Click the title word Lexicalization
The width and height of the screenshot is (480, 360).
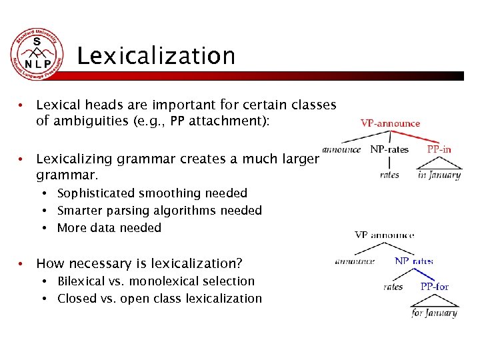point(156,56)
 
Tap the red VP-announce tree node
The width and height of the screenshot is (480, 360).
point(390,123)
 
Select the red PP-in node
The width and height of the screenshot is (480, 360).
point(439,149)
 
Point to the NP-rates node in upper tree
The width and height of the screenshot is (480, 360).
point(389,149)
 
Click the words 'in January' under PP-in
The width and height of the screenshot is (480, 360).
point(439,175)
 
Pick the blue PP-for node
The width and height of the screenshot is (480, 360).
point(434,287)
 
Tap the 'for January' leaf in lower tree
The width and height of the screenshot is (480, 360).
point(434,312)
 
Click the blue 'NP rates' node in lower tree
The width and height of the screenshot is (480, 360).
point(413,261)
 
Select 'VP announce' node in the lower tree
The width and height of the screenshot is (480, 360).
point(384,235)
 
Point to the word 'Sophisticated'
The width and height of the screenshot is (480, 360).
point(95,193)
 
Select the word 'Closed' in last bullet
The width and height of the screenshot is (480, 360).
point(77,299)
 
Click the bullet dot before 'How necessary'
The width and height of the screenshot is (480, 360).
point(22,263)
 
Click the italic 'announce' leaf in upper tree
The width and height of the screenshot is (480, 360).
point(341,149)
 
